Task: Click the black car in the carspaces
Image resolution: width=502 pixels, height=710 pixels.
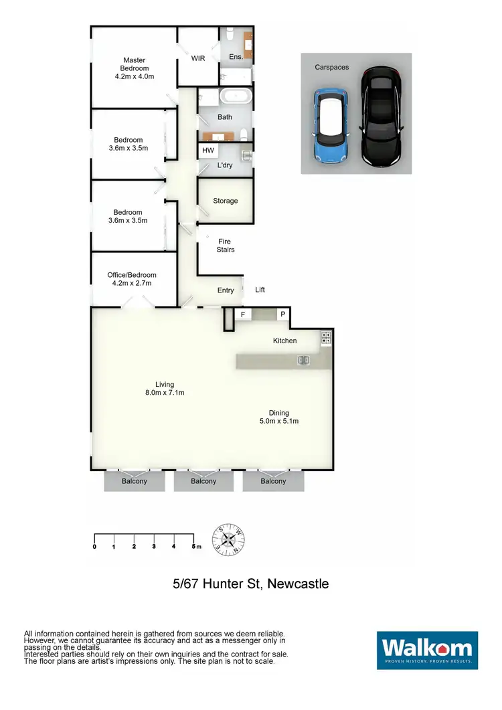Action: point(379,116)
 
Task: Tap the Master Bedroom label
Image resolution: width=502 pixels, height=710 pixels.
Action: point(135,68)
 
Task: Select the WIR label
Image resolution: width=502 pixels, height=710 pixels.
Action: point(198,58)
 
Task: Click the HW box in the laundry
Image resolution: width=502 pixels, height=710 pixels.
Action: point(208,151)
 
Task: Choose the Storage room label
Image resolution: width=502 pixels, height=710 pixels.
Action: point(226,201)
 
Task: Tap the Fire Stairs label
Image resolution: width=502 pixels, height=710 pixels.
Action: point(226,245)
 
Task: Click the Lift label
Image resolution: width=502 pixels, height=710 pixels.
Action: point(260,290)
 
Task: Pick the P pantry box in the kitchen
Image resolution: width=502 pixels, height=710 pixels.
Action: point(282,314)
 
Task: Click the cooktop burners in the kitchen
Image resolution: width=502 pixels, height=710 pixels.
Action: point(326,338)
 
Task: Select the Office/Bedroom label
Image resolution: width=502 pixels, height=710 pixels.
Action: point(132,279)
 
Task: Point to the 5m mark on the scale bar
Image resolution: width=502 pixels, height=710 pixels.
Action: point(193,547)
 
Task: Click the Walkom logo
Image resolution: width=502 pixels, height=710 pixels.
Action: point(427,650)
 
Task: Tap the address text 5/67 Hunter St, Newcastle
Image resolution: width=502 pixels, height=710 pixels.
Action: point(251,584)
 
